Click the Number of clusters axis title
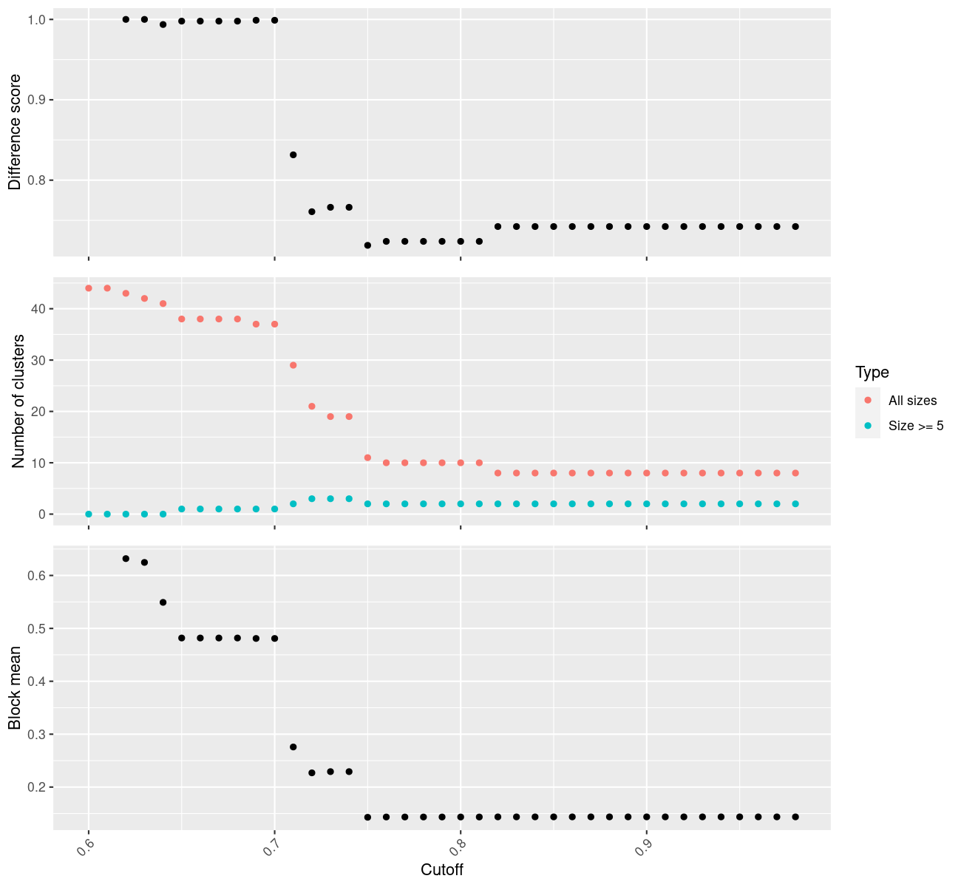18,401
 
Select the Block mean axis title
15,688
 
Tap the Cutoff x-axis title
441,870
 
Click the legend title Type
872,372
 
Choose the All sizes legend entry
912,401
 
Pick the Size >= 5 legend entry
916,426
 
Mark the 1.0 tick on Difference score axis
35,19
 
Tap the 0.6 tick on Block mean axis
35,575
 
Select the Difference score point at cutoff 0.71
293,154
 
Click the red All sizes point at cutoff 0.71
293,365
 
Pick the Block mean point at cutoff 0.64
163,602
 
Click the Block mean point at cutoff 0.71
293,747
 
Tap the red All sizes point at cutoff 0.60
89,288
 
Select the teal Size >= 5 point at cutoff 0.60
89,514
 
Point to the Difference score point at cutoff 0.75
367,245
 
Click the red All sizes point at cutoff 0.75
367,458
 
